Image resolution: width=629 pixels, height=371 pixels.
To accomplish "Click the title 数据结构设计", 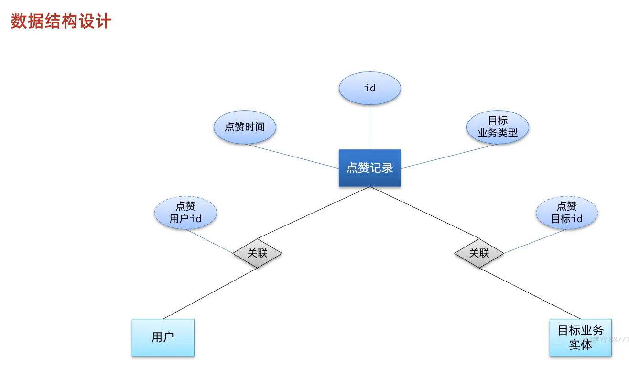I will pyautogui.click(x=61, y=22).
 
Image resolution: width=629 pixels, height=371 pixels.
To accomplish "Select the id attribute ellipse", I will pyautogui.click(x=369, y=88).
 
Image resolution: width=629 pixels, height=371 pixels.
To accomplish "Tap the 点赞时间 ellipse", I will pyautogui.click(x=245, y=127).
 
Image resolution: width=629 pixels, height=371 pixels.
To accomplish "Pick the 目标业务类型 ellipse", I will pyautogui.click(x=498, y=127).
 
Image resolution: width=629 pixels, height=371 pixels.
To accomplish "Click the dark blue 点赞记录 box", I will pyautogui.click(x=369, y=168).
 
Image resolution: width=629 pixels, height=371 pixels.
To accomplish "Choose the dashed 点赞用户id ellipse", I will pyautogui.click(x=185, y=213).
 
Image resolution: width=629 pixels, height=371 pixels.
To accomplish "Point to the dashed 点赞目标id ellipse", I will pyautogui.click(x=566, y=213).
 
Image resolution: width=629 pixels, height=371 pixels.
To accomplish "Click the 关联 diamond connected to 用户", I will pyautogui.click(x=257, y=253).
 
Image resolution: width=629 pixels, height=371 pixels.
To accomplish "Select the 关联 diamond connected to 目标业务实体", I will pyautogui.click(x=479, y=253).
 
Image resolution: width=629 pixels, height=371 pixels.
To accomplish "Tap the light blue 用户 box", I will pyautogui.click(x=163, y=337).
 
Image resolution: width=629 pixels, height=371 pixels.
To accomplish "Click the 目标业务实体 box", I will pyautogui.click(x=580, y=337).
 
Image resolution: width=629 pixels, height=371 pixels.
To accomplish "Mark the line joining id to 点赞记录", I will pyautogui.click(x=370, y=127).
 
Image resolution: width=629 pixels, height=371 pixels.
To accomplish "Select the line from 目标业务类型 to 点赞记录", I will pyautogui.click(x=449, y=156).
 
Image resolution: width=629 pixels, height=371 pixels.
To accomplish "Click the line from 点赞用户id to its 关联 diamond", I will pyautogui.click(x=209, y=241).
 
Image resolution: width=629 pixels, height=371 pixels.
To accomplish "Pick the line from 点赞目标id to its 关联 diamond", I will pyautogui.click(x=535, y=241).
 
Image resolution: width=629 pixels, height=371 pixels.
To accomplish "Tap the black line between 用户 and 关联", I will pyautogui.click(x=210, y=293).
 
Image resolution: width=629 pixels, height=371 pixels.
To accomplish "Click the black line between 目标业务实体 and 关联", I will pyautogui.click(x=530, y=293).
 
